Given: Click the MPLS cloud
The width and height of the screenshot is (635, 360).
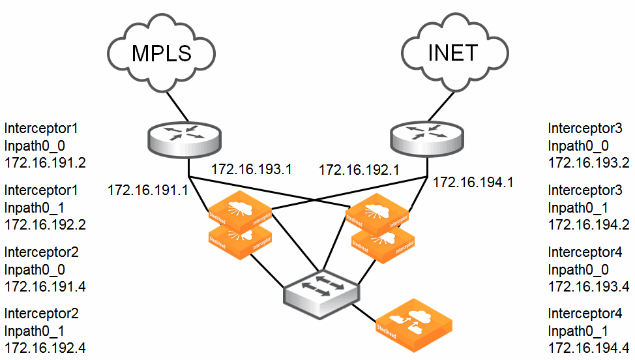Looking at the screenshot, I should click(162, 52).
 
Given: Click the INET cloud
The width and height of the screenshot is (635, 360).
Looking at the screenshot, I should click(452, 52).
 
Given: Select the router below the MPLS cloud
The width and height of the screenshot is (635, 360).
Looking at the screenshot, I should click(185, 136).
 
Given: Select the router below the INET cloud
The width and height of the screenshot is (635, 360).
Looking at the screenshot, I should click(428, 136).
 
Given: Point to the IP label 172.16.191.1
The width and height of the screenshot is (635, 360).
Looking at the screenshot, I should click(147, 190).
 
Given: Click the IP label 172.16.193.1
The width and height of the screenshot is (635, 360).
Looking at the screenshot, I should click(251, 170).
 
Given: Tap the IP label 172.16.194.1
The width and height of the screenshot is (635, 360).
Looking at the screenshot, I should click(473, 183).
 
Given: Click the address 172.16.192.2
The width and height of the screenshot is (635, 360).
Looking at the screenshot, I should click(45, 224).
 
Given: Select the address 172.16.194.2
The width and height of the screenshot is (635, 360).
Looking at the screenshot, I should click(589, 224).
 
